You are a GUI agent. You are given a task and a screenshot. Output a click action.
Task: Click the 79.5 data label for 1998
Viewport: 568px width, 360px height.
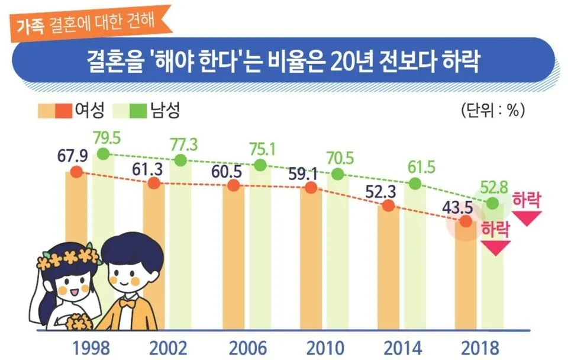click(107, 138)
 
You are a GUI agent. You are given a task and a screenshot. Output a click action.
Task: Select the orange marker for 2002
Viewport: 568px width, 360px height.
click(154, 184)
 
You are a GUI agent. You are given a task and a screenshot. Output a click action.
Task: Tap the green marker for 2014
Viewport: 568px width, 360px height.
click(415, 184)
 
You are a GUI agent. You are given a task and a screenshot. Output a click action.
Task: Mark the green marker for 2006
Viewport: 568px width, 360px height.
click(260, 165)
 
